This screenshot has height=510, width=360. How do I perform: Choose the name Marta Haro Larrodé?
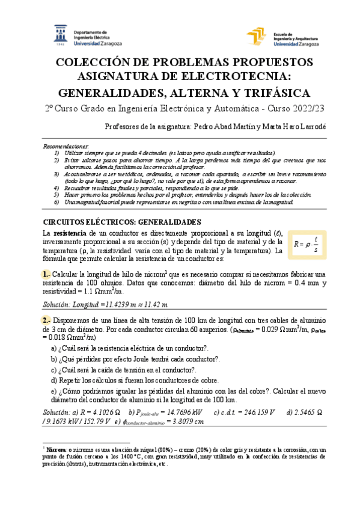[293, 127]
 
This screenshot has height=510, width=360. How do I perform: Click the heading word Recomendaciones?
[67, 147]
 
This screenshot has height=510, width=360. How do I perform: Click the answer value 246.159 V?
[253, 412]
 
